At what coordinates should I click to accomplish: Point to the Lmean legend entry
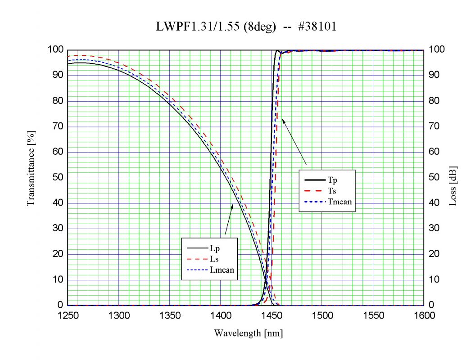pos(209,270)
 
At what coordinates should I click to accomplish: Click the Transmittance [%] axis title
pos(31,168)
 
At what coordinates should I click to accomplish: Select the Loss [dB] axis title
pos(453,185)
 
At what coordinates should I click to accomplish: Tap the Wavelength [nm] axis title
pos(248,333)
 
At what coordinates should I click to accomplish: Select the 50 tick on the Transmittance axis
pos(57,178)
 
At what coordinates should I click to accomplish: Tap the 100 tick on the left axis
pos(55,50)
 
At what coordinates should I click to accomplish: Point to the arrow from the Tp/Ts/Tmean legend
pos(294,141)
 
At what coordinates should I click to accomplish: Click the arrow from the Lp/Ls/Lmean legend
pos(229,220)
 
